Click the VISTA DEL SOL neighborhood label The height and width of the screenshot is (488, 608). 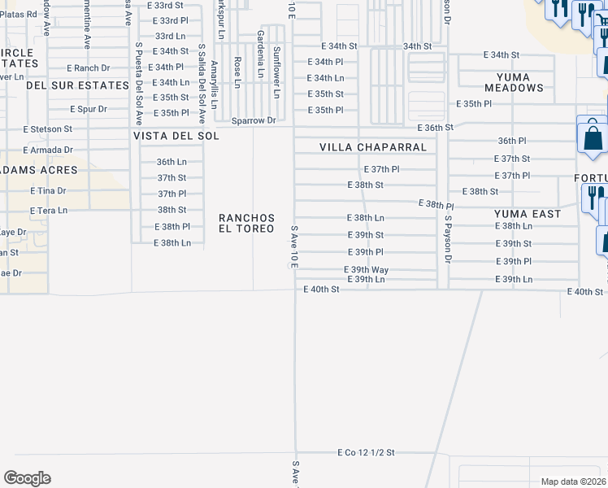(x=176, y=136)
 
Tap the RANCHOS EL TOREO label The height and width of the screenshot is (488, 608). (x=246, y=224)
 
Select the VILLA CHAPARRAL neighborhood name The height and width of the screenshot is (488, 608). (x=373, y=147)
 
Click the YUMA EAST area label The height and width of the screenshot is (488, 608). (x=528, y=214)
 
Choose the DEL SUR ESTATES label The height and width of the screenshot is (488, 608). (x=78, y=85)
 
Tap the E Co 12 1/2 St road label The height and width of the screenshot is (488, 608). (x=367, y=452)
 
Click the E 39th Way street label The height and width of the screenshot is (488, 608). (x=367, y=269)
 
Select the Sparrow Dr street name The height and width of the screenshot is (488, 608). (x=254, y=120)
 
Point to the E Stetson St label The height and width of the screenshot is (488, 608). (x=47, y=129)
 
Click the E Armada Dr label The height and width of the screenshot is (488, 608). (x=48, y=150)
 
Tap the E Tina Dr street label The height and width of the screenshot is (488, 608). (x=47, y=190)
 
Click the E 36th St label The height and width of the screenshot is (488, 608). (x=435, y=128)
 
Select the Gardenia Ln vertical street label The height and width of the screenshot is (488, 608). (x=260, y=54)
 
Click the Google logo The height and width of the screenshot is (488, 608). (x=27, y=478)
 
